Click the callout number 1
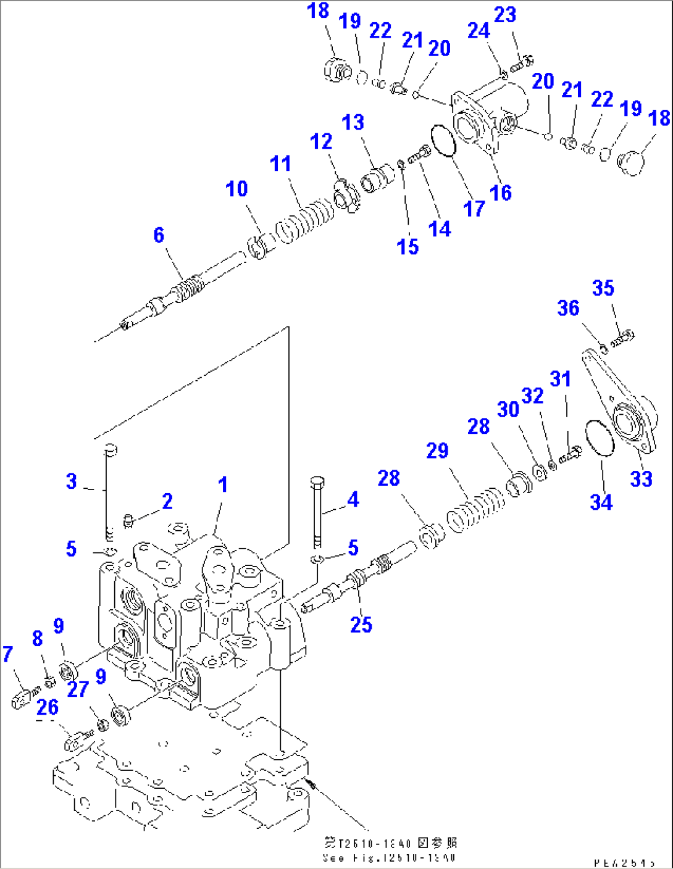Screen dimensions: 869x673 pos(223,484)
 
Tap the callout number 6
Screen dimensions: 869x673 pos(159,235)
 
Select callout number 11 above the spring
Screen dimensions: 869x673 pos(280,164)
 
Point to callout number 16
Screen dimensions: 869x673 pos(500,193)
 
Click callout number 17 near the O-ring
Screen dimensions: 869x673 pos(474,209)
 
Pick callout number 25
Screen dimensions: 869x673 pos(361,625)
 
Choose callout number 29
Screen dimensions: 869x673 pos(437,451)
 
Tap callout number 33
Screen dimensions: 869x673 pos(641,478)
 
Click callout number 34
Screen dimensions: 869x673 pos(601,502)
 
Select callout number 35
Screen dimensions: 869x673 pos(603,288)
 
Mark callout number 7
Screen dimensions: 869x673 pos(7,654)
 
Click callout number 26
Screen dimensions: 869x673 pos(48,707)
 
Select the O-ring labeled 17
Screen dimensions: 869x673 pos(443,141)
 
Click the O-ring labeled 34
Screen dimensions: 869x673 pos(599,438)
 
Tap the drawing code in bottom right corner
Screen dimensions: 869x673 pos(624,863)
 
